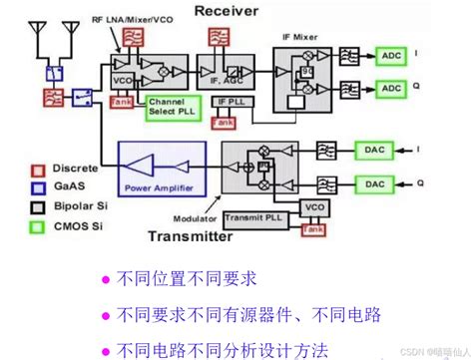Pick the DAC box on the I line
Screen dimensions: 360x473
[374, 151]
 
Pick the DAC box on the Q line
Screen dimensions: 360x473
[374, 183]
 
